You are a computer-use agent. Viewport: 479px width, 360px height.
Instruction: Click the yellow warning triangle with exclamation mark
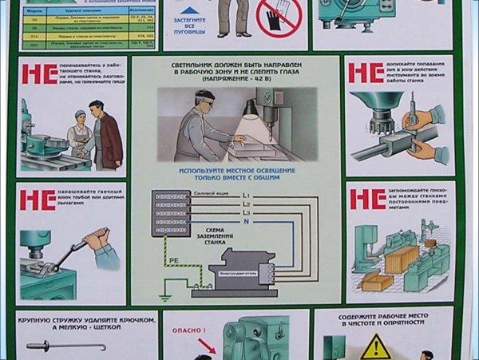[374, 347]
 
